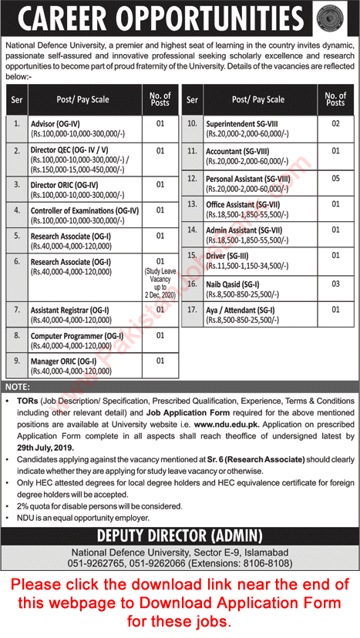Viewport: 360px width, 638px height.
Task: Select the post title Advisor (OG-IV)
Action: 57,123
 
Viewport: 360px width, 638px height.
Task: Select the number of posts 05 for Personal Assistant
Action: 335,178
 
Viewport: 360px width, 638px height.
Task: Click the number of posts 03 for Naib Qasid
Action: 335,284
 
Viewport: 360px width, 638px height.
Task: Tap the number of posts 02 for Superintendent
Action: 335,123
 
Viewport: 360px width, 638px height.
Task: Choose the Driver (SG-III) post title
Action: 227,254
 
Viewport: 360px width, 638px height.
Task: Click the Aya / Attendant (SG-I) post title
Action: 241,310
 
